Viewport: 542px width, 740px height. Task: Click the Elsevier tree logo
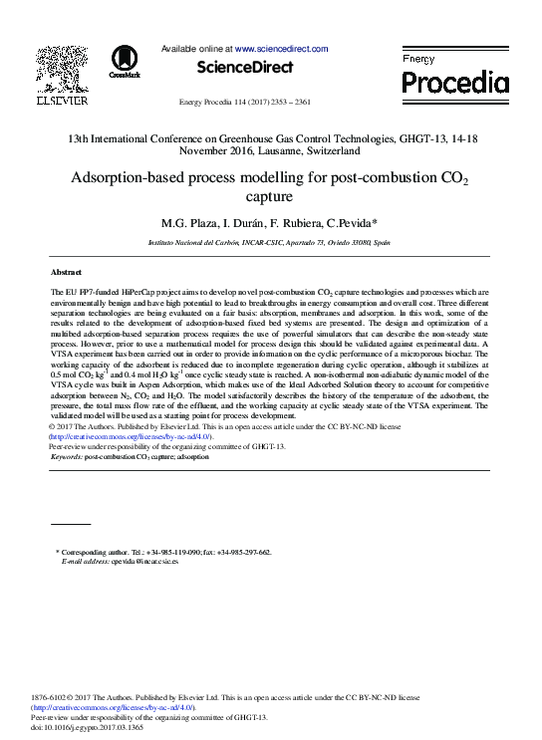pos(62,69)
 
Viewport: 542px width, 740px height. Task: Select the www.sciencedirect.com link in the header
pos(282,48)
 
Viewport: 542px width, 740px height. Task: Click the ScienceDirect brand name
pos(245,68)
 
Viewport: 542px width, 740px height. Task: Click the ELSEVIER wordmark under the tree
pos(62,101)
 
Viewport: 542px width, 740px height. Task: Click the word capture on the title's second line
pos(269,198)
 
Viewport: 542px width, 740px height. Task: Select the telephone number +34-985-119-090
pos(173,552)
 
